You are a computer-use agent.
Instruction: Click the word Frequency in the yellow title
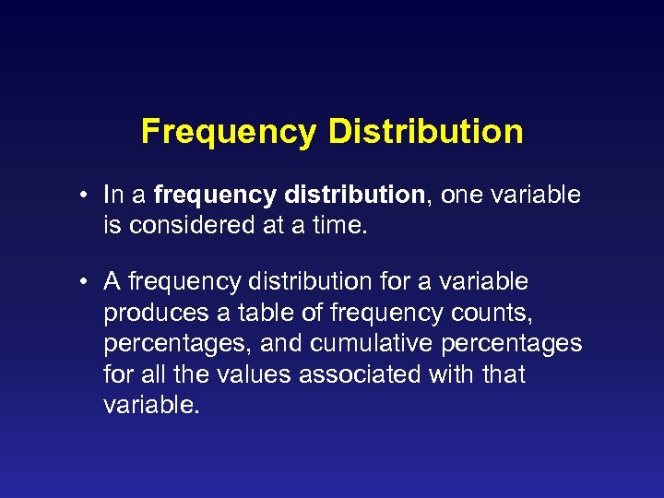tap(228, 132)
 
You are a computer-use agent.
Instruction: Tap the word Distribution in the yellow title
tap(425, 132)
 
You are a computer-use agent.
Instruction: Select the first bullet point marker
tap(83, 196)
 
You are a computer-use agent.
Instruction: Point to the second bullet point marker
tap(83, 280)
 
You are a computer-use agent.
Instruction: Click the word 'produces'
tap(154, 313)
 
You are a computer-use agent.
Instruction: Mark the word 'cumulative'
tap(379, 343)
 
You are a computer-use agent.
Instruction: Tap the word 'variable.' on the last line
tap(151, 406)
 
